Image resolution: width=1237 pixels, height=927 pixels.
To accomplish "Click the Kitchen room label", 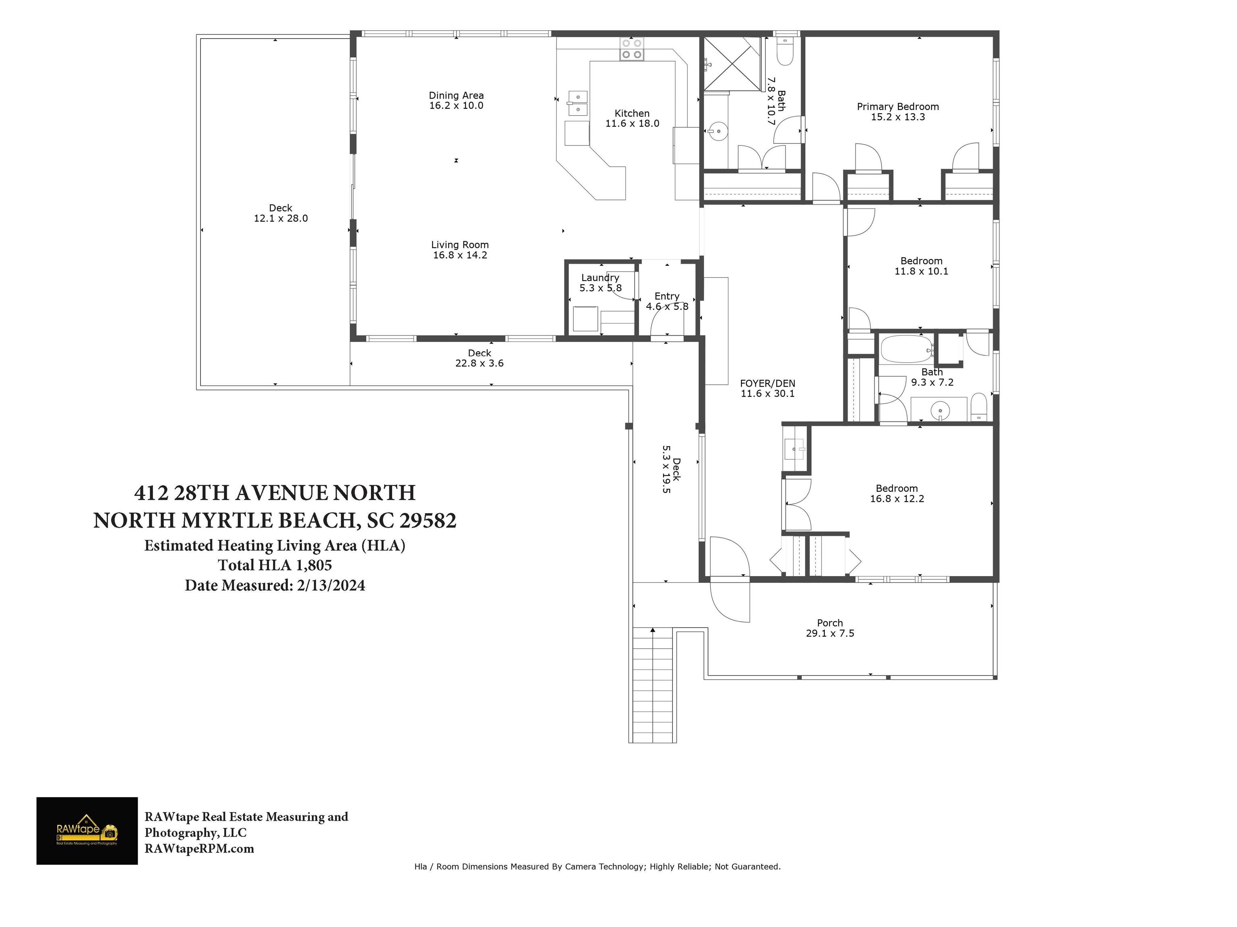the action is (632, 114).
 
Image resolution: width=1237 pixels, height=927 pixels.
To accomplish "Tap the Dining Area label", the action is (456, 95).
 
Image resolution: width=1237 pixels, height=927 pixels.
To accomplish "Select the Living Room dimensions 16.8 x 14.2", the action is (460, 255).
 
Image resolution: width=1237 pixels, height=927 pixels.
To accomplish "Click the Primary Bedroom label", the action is (898, 107).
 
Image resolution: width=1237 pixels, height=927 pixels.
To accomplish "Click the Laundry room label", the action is (600, 278).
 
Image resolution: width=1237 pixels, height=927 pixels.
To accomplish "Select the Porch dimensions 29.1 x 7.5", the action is (830, 633).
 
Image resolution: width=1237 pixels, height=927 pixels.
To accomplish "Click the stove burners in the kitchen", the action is (632, 49).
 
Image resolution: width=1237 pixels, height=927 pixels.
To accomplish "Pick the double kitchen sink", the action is (578, 104).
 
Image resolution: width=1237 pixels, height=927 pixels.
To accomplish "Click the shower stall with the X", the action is (732, 63).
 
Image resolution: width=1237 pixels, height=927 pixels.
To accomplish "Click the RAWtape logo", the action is (87, 831).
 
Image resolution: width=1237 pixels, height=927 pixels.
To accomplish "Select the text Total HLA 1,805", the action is (275, 565).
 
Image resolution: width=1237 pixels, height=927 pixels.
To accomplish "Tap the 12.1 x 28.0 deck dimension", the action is (281, 218).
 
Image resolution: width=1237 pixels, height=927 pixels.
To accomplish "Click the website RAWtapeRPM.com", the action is (199, 849).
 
